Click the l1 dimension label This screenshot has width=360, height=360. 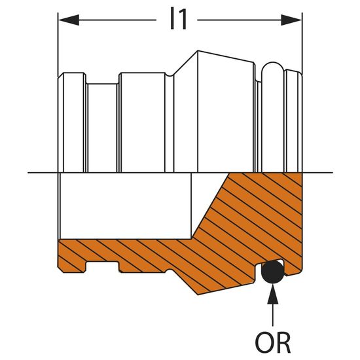(x=179, y=18)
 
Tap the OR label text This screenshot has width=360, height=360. (x=273, y=342)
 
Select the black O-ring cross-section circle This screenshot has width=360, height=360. (x=273, y=272)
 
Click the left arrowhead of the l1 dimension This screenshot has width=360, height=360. (x=69, y=20)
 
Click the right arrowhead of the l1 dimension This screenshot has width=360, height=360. (x=291, y=20)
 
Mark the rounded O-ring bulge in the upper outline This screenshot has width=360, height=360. (x=273, y=68)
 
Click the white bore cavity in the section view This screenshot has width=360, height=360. (x=125, y=206)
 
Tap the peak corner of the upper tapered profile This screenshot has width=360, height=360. (x=198, y=50)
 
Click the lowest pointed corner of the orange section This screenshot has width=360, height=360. (x=198, y=295)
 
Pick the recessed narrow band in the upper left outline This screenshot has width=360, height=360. (x=102, y=128)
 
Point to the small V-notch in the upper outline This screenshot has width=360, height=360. (x=170, y=75)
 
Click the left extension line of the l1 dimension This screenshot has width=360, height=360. (x=58, y=45)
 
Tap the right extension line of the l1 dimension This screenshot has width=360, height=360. (x=302, y=44)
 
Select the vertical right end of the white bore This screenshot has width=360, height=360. (x=191, y=206)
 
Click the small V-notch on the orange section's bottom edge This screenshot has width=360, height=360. (x=170, y=270)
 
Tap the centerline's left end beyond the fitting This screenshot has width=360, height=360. (x=28, y=172)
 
